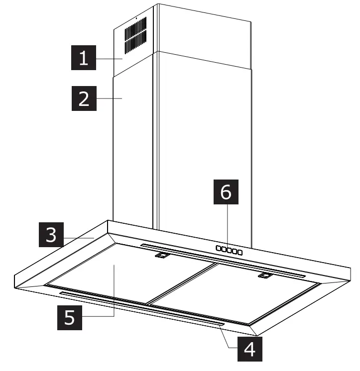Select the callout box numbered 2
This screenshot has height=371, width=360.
tap(84, 98)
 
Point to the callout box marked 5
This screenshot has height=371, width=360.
tap(71, 317)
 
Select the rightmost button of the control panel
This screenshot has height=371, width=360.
tap(240, 253)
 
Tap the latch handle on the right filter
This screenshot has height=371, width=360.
tap(265, 275)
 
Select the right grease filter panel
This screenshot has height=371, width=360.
tap(239, 293)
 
